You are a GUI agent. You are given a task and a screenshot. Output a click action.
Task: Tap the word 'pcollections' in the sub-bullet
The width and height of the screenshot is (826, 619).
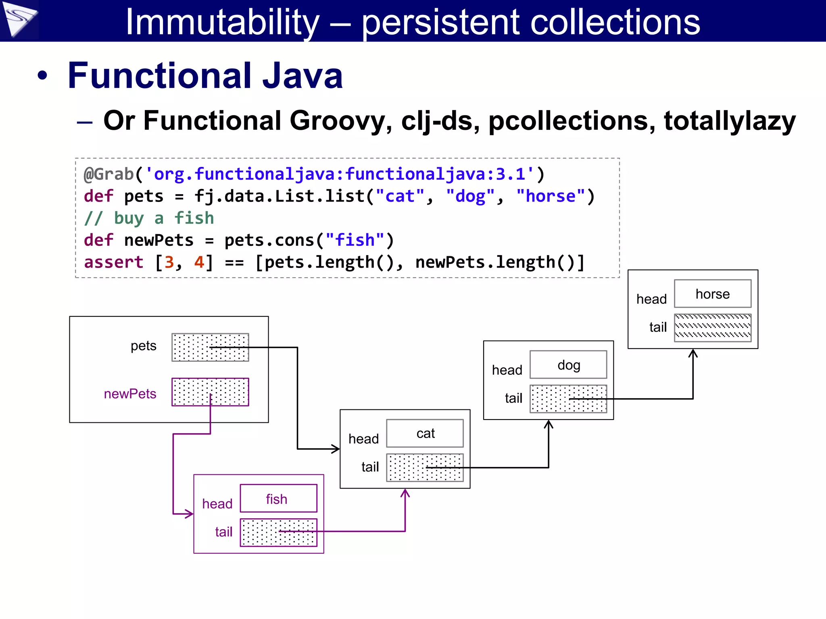point(572,120)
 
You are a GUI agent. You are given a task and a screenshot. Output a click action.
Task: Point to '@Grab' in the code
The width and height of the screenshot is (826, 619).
point(108,174)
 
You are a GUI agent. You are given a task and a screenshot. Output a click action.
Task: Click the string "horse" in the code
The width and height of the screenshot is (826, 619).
point(551,196)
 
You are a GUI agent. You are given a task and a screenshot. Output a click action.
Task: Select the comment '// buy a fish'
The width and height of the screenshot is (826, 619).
point(149,218)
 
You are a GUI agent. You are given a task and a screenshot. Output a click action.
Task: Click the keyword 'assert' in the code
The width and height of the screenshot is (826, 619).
point(113,262)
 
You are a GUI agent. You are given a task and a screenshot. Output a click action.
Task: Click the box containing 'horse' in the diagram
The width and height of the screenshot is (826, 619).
point(712,294)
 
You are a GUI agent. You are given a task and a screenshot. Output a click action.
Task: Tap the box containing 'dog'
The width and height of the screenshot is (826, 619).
point(568,365)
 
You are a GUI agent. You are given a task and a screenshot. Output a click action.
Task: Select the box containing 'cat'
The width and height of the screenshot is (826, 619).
point(425,433)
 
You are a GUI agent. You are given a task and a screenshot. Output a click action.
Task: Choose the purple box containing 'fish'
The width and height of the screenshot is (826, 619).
point(278,499)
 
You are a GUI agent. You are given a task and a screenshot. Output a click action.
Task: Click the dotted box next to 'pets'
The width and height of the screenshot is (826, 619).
point(210,347)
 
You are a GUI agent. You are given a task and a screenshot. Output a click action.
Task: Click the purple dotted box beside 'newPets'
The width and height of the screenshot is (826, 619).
point(210,392)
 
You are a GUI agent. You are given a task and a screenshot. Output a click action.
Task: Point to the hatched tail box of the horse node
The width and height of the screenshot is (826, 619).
point(712,328)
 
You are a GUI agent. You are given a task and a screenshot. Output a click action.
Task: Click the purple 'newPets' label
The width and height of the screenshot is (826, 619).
point(130,394)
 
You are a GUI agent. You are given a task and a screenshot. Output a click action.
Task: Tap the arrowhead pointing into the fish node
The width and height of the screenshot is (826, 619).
point(189,514)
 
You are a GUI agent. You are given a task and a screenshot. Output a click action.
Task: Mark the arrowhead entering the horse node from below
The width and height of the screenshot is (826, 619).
point(693,353)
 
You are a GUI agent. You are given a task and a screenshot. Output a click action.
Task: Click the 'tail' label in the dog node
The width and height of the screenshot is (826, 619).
point(513,398)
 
